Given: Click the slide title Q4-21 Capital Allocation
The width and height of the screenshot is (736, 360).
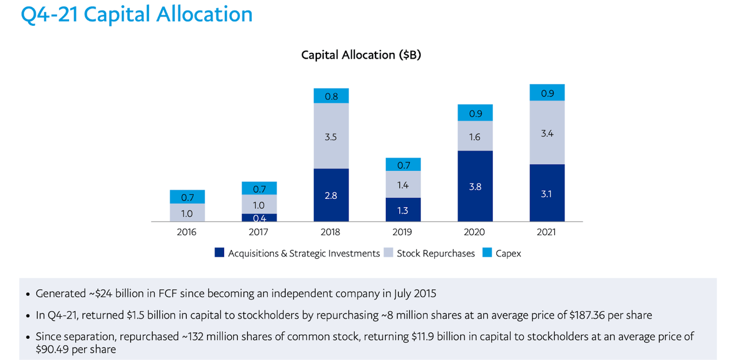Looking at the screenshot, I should (137, 14).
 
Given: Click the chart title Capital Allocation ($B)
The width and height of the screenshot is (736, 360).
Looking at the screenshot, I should (362, 55).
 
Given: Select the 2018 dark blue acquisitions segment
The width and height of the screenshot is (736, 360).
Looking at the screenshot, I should (331, 195).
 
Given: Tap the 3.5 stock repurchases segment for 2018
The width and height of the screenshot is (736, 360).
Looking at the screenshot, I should (331, 136).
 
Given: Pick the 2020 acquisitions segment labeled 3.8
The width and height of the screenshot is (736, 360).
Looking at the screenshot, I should (475, 186).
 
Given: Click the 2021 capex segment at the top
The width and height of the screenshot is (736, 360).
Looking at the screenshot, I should (547, 93).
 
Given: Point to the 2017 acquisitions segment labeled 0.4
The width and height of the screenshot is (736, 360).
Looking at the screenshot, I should (259, 218).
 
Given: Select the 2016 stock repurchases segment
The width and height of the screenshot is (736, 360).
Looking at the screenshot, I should (187, 213).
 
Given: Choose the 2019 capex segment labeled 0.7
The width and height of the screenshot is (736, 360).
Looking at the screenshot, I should (403, 165).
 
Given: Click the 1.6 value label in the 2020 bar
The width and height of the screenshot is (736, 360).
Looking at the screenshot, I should (475, 137).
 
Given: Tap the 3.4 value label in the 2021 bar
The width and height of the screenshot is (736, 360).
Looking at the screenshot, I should (547, 133).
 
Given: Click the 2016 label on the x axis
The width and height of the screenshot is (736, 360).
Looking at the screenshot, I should (187, 232).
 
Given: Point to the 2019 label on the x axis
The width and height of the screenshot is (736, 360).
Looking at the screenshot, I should (402, 232).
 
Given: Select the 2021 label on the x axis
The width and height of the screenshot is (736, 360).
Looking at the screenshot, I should (546, 232).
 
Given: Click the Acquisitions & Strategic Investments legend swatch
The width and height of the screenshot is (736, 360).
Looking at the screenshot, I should (219, 253).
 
